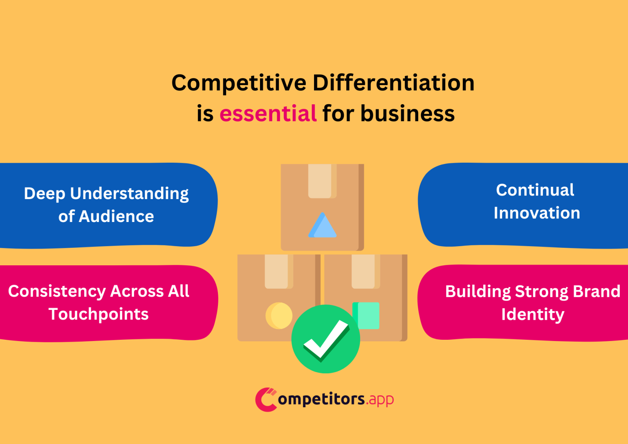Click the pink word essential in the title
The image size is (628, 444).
(268, 113)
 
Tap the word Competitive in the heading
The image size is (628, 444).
(238, 83)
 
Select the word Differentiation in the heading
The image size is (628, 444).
(393, 83)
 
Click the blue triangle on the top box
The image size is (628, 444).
(322, 226)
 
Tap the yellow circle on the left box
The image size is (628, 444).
(279, 316)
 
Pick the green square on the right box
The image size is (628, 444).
(367, 315)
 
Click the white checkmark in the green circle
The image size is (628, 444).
(325, 339)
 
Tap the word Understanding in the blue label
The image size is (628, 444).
(129, 194)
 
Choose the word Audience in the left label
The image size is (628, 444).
(116, 217)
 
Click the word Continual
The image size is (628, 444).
(535, 190)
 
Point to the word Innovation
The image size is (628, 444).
(536, 213)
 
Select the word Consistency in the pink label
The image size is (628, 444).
(57, 292)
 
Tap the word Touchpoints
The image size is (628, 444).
(99, 314)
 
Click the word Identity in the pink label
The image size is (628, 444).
(532, 314)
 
